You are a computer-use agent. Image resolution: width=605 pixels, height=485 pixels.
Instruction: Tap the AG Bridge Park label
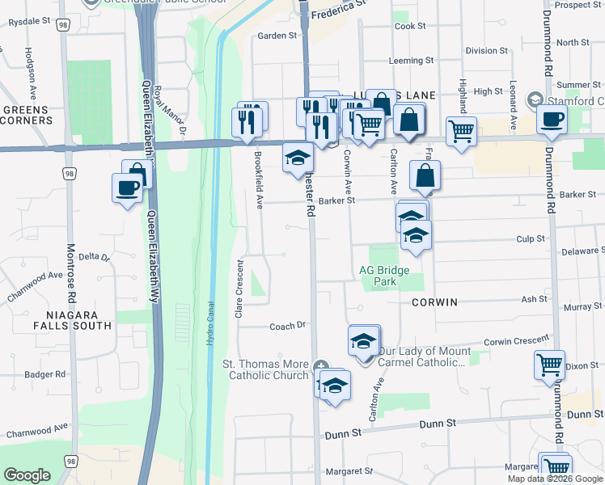(x=386, y=276)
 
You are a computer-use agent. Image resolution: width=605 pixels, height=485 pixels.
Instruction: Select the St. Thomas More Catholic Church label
(x=265, y=369)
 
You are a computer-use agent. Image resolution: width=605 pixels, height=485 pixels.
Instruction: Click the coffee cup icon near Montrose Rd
(x=128, y=188)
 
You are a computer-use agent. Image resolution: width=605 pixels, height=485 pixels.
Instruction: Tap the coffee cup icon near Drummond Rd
(x=552, y=118)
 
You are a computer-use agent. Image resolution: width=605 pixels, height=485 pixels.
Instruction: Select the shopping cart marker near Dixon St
(x=550, y=364)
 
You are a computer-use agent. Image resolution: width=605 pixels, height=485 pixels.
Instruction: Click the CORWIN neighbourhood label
(x=434, y=302)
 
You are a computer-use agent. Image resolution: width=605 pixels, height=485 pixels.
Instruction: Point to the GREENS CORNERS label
(x=27, y=115)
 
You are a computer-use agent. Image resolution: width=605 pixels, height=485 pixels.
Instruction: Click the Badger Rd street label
(x=44, y=374)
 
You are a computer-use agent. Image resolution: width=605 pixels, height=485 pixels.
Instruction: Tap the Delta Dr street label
(x=93, y=256)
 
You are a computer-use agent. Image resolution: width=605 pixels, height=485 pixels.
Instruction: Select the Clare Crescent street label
(x=239, y=289)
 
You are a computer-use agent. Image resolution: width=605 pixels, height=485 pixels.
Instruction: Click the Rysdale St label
(x=23, y=21)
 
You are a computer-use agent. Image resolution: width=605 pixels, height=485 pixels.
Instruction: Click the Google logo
(x=27, y=475)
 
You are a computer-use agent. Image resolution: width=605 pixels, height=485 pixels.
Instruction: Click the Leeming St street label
(x=411, y=61)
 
